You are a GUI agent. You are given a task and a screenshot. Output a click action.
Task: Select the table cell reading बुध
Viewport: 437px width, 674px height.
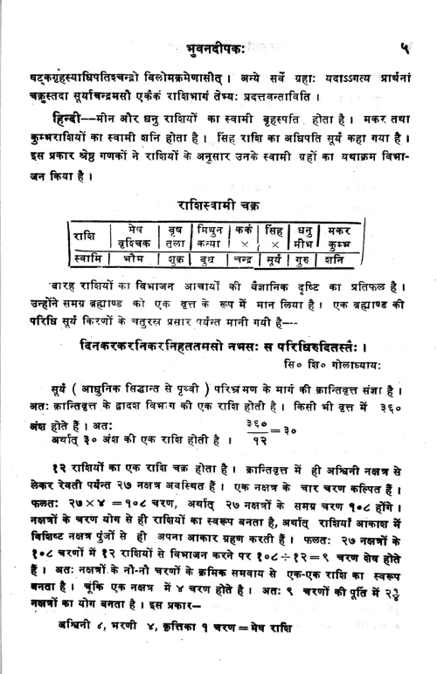click(211, 260)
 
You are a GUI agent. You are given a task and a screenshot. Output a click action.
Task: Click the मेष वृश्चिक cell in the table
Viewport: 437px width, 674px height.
click(134, 237)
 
